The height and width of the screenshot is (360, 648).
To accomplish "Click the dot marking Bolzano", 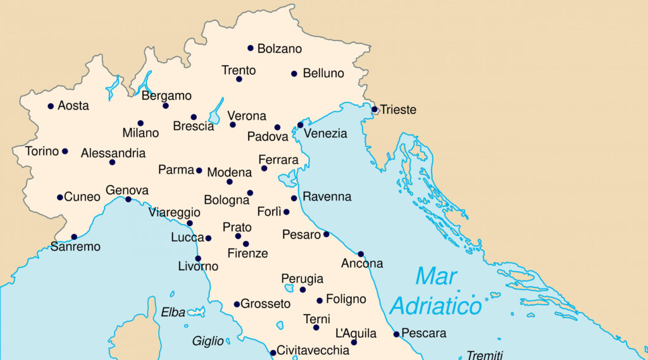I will click(x=251, y=48).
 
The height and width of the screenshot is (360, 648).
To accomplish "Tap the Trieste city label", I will click(x=398, y=110).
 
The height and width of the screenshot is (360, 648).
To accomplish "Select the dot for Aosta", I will click(x=51, y=106).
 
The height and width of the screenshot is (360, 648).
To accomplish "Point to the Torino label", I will click(x=42, y=151).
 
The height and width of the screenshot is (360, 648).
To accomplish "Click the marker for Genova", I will click(x=128, y=199).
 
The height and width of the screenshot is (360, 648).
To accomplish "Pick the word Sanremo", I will click(x=75, y=247).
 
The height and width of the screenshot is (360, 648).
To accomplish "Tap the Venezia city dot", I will click(x=301, y=125).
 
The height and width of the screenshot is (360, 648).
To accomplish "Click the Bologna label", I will click(x=227, y=201).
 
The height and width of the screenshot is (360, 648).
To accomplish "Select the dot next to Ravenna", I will click(x=294, y=198).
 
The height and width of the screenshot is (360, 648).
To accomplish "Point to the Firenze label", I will click(x=247, y=254).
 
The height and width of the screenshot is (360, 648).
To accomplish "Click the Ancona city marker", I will click(x=361, y=254).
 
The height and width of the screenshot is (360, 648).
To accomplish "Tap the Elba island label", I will click(x=173, y=312).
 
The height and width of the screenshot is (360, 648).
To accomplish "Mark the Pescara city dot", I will click(x=396, y=334).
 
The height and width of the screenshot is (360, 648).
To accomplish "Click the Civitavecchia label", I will click(x=313, y=350).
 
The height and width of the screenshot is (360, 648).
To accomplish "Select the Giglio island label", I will click(x=208, y=342).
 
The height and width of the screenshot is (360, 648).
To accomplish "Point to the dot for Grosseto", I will click(x=237, y=304).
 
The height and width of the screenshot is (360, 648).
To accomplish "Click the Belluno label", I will click(x=323, y=73).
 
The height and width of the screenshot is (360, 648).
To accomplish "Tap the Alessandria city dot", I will click(x=112, y=163).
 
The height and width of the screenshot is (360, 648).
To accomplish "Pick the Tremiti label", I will click(x=485, y=355).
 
